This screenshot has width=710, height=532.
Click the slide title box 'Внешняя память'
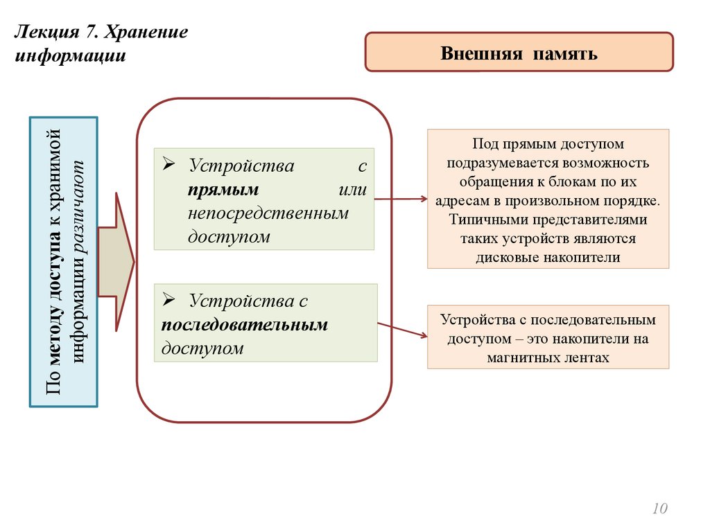(x=519, y=53)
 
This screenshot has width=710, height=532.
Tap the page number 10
(x=659, y=509)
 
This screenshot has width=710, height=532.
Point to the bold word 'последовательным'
(x=245, y=324)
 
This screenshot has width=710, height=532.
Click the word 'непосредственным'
(x=268, y=213)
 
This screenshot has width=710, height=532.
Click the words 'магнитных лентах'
(x=548, y=358)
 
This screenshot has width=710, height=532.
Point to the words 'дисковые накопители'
(x=548, y=257)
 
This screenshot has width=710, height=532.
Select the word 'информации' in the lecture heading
(x=70, y=55)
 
